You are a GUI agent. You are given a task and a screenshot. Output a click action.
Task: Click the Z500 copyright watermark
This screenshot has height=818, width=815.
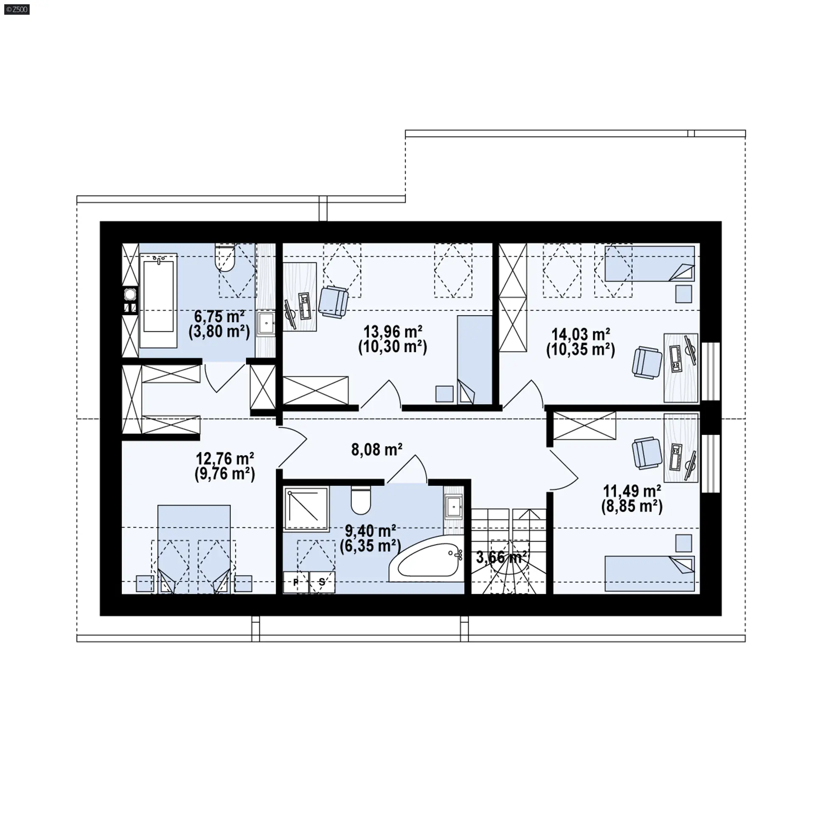click(17, 9)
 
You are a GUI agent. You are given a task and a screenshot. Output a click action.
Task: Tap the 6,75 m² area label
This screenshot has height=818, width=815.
click(219, 317)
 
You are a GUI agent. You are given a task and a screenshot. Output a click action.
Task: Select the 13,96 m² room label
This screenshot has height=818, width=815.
click(393, 332)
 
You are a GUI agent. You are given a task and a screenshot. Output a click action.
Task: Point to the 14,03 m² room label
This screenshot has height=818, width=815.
click(581, 335)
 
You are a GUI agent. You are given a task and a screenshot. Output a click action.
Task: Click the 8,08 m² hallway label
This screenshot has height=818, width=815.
click(377, 449)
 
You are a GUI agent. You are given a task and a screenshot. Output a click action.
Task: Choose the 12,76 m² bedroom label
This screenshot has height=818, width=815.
click(225, 459)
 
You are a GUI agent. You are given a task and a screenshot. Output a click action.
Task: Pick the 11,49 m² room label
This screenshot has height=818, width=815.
click(632, 491)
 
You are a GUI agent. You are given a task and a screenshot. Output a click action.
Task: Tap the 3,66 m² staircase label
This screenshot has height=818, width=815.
click(502, 557)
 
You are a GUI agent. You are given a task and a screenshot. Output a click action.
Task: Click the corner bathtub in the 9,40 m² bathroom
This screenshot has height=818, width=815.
click(426, 563)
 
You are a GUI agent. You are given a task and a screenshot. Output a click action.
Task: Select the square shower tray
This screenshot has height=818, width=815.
click(306, 509)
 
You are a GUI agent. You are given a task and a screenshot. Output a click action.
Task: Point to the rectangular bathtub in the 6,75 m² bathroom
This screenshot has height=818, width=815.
click(158, 301)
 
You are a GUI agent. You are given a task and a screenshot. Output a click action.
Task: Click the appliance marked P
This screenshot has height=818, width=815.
click(296, 583)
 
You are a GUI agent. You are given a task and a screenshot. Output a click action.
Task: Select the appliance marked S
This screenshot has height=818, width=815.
click(322, 583)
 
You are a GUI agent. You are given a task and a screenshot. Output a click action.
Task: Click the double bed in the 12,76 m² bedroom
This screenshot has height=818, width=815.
click(194, 549)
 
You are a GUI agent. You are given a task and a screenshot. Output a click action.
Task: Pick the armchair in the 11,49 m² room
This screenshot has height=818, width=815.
click(647, 454)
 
